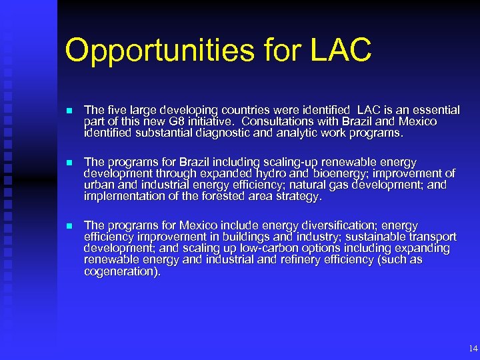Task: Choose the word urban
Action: click(x=99, y=185)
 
